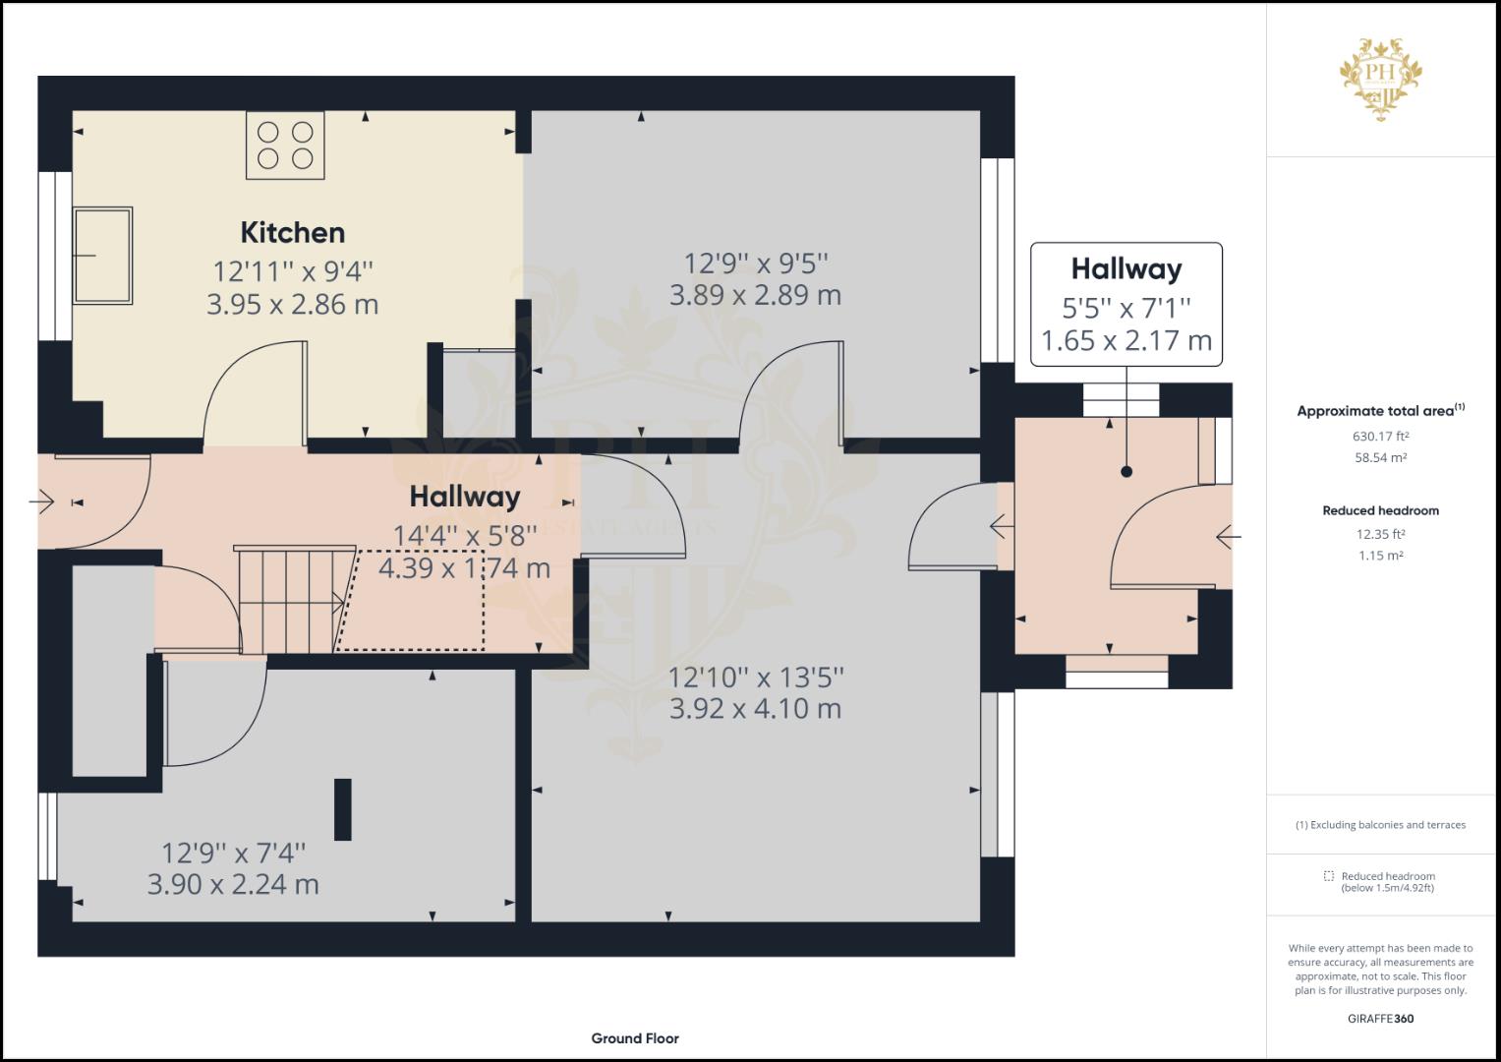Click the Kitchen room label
point(293,233)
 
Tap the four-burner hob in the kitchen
point(285,146)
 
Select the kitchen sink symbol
point(102,256)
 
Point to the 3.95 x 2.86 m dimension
point(292,305)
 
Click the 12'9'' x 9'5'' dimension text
point(756,264)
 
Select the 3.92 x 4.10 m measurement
point(755,709)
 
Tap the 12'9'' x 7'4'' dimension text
point(233,854)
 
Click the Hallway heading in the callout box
point(1126,268)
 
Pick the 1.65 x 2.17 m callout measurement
point(1126,340)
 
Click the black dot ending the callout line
point(1126,471)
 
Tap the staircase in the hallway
point(294,599)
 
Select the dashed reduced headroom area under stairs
point(410,601)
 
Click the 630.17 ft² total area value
point(1380,437)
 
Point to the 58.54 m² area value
point(1380,458)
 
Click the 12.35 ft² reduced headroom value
point(1380,534)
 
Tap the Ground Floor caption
point(635,1038)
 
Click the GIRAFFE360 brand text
point(1380,1019)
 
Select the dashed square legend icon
point(1329,875)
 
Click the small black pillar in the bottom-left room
point(342,809)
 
